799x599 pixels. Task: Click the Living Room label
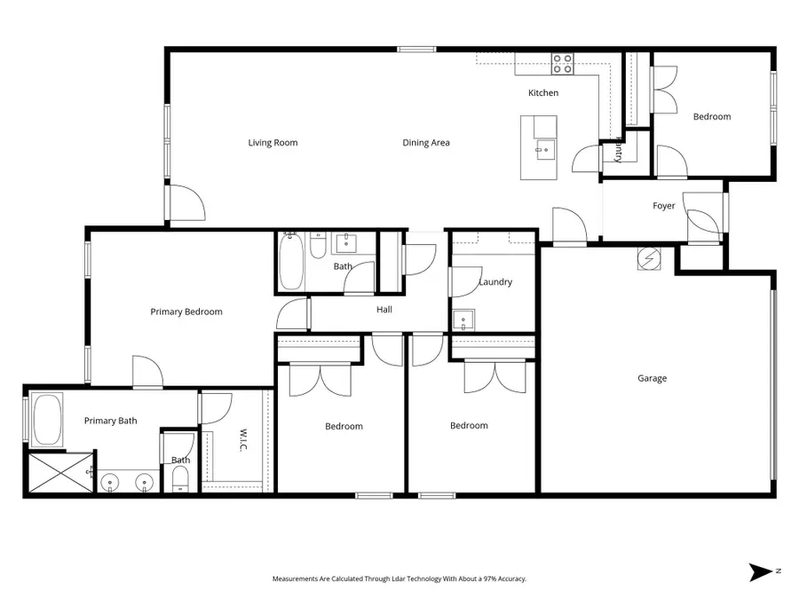pos(273,143)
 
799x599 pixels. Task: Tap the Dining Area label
pos(426,143)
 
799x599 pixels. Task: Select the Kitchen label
pos(543,92)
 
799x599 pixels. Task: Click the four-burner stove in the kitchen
pos(562,64)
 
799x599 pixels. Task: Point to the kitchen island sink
pos(545,150)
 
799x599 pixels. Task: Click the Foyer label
pos(663,206)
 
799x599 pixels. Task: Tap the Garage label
pos(652,378)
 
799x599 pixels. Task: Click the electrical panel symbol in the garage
pos(649,259)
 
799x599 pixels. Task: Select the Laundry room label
pos(495,281)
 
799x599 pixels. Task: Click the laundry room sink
pos(463,320)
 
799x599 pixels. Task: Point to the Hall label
pos(384,309)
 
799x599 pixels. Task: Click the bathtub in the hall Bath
pos(291,261)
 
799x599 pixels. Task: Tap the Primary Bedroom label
pos(186,311)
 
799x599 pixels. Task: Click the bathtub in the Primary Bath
pos(47,419)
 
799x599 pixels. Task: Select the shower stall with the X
pos(60,473)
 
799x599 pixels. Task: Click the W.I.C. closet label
pos(243,439)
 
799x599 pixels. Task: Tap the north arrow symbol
pos(762,572)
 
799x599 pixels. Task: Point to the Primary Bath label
pos(111,421)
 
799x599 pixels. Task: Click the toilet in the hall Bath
pos(319,246)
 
